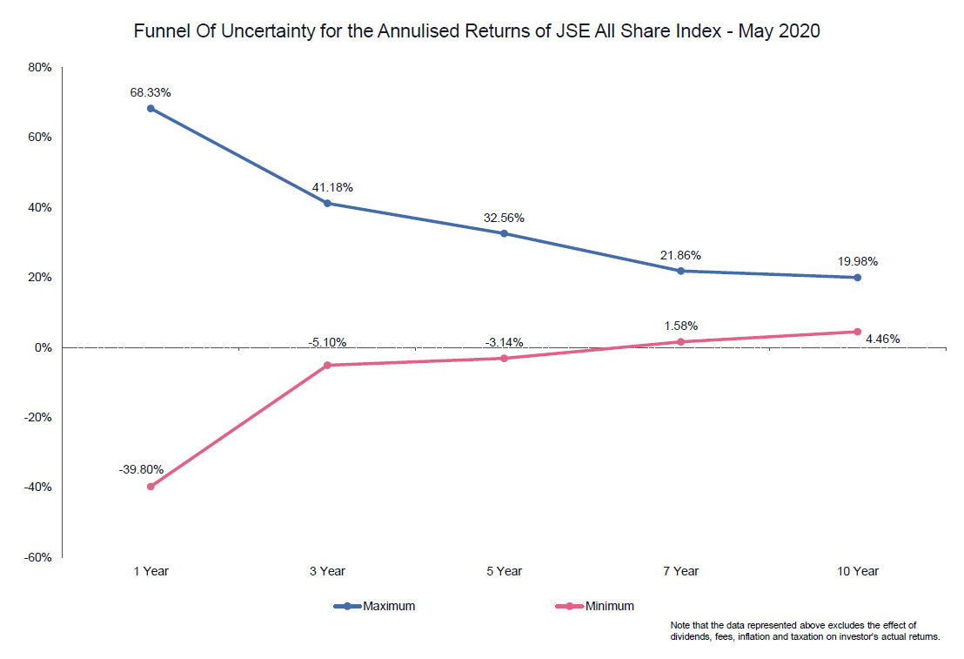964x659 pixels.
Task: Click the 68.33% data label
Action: pyautogui.click(x=151, y=90)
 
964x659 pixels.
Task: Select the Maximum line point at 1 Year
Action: pyautogui.click(x=151, y=108)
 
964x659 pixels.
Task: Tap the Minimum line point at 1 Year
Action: pyautogui.click(x=151, y=487)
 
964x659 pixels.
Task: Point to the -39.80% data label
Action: pyautogui.click(x=141, y=469)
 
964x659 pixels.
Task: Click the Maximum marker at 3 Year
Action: pyautogui.click(x=327, y=204)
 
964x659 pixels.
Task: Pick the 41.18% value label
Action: pyautogui.click(x=332, y=187)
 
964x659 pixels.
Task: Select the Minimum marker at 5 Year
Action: pyautogui.click(x=504, y=358)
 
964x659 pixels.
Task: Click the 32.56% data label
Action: pyautogui.click(x=504, y=218)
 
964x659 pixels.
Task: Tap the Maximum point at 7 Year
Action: pyautogui.click(x=680, y=271)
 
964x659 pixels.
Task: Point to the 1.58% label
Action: pyautogui.click(x=680, y=326)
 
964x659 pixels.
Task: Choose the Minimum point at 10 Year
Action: pyautogui.click(x=857, y=332)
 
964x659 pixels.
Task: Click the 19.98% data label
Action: pyautogui.click(x=857, y=260)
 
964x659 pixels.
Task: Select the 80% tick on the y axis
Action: pyautogui.click(x=41, y=67)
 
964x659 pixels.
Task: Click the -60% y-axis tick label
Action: pyautogui.click(x=38, y=557)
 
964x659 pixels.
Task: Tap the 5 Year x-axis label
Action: pyautogui.click(x=504, y=571)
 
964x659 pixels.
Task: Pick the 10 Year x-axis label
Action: pyautogui.click(x=857, y=571)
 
